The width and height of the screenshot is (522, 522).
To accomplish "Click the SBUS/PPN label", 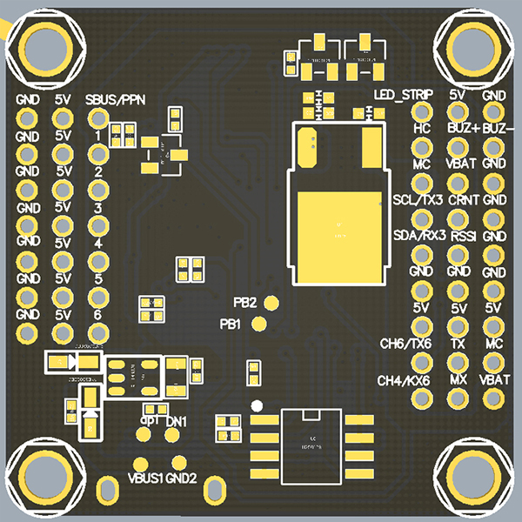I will pyautogui.click(x=115, y=100).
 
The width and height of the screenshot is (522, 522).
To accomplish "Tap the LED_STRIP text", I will pyautogui.click(x=403, y=94).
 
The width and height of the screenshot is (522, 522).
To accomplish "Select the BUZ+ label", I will pyautogui.click(x=458, y=128).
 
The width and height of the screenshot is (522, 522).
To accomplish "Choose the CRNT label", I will pyautogui.click(x=458, y=200).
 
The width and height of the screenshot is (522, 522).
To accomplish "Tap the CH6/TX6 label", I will pyautogui.click(x=405, y=344).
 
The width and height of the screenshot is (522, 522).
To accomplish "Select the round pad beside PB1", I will pyautogui.click(x=258, y=325).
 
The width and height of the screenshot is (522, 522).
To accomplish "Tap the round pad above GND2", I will pyautogui.click(x=180, y=464).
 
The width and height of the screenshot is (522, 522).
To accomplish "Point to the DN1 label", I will pyautogui.click(x=177, y=421).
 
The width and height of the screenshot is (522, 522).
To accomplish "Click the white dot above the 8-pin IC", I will pyautogui.click(x=256, y=405).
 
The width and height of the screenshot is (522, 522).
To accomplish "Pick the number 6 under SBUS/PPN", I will pyautogui.click(x=97, y=314).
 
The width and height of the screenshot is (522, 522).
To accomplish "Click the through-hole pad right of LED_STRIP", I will pyautogui.click(x=423, y=111).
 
